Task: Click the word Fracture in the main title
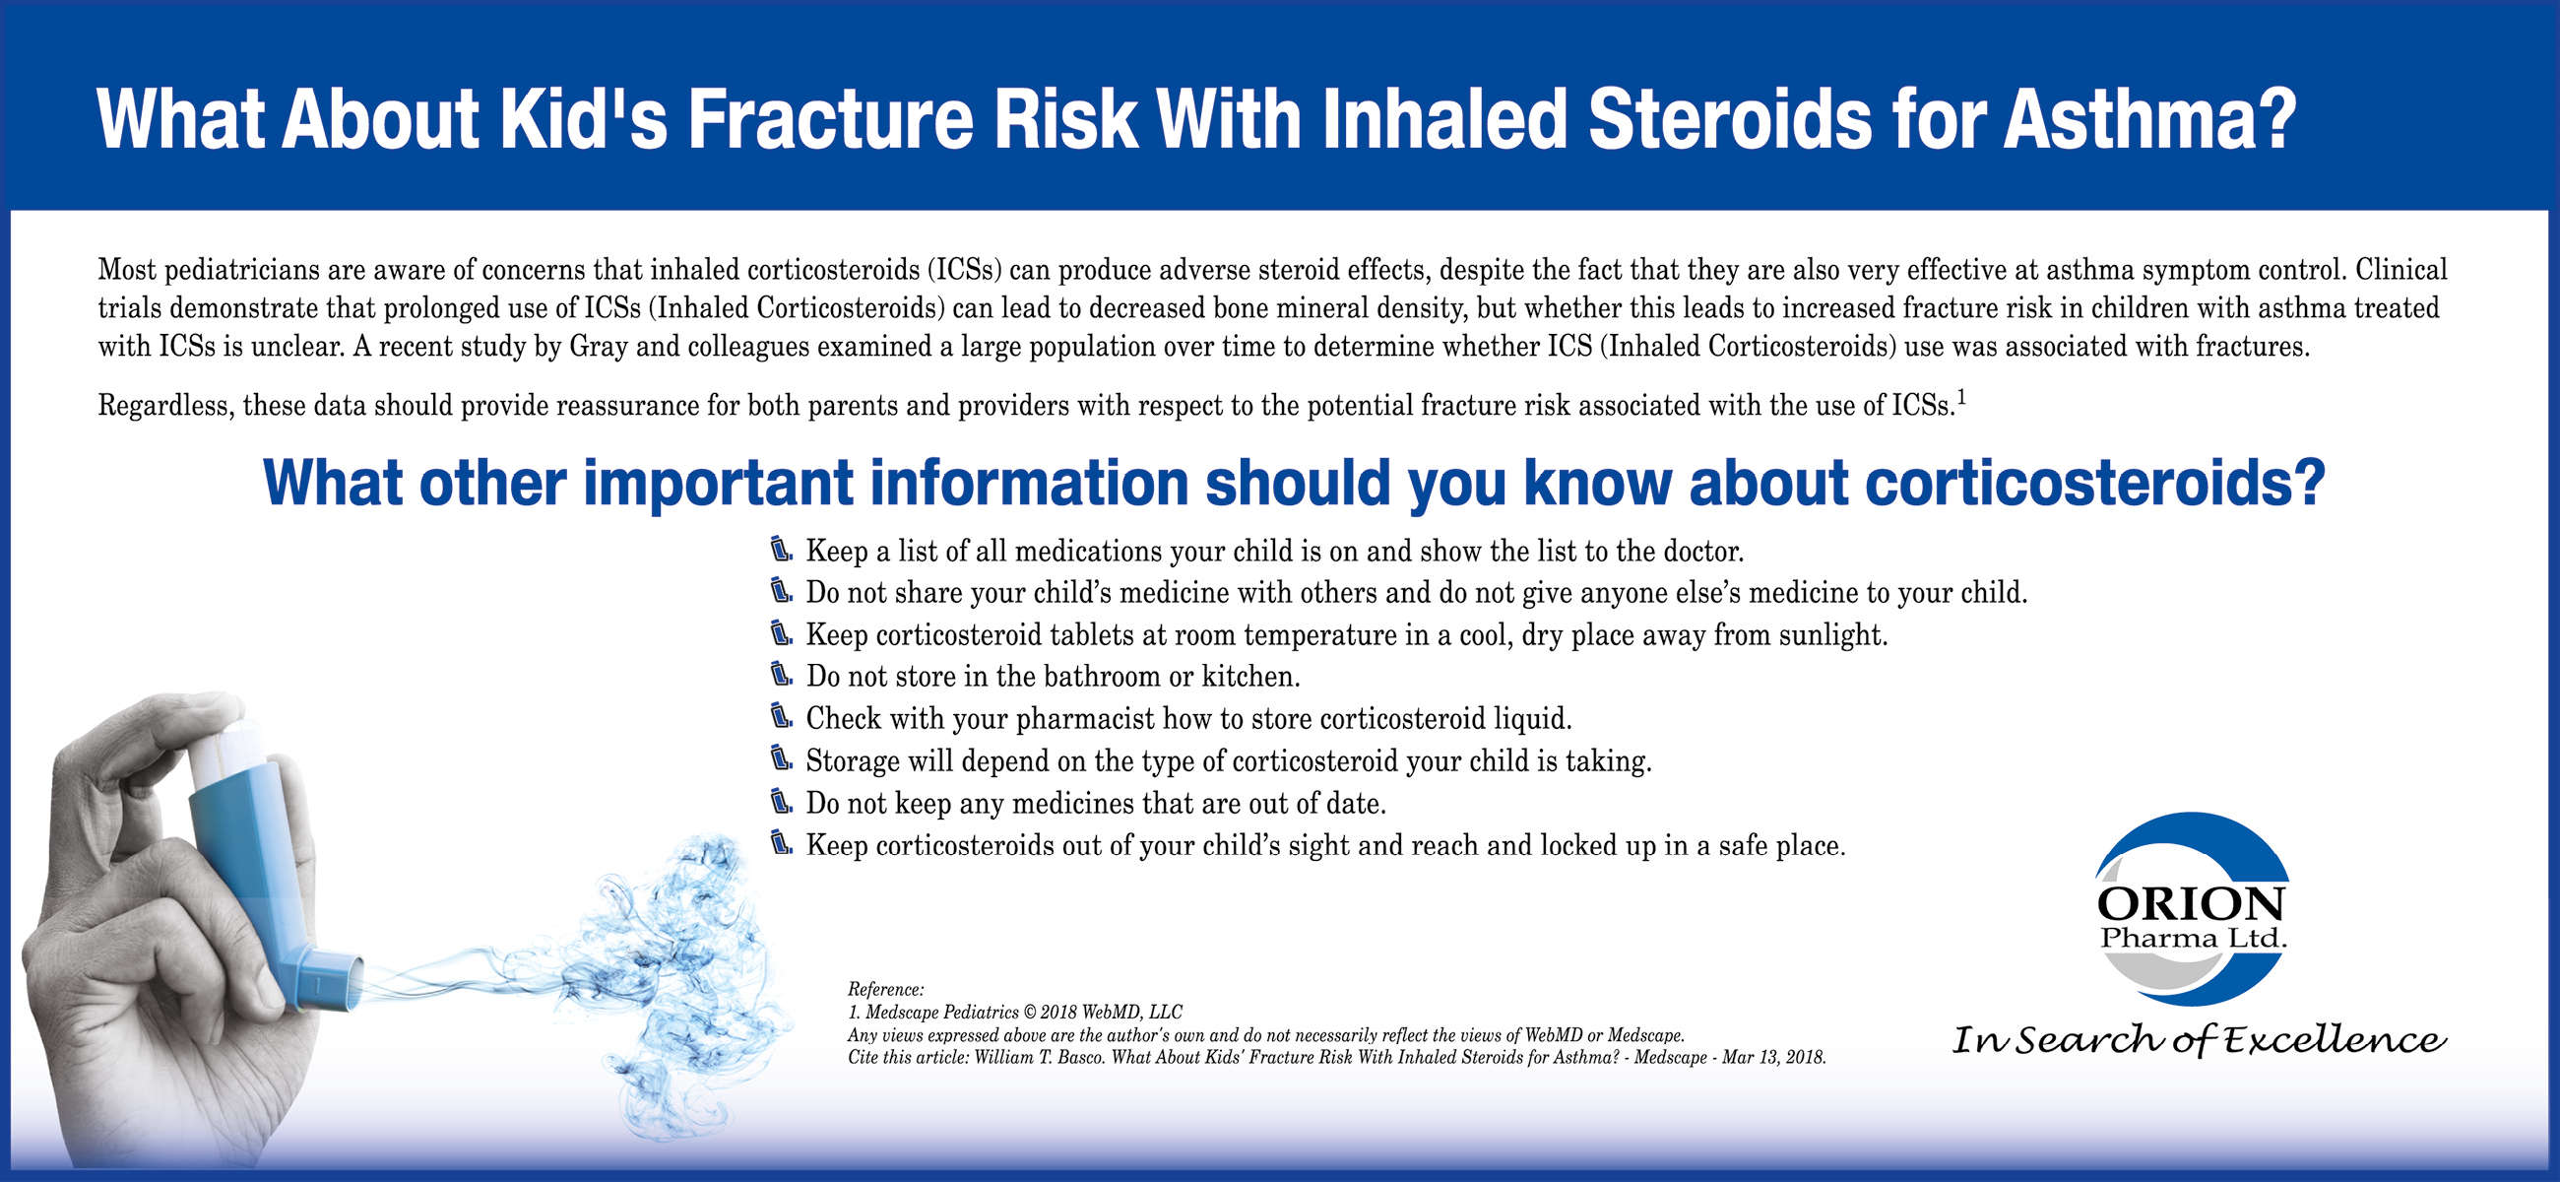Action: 831,119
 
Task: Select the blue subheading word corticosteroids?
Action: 2095,483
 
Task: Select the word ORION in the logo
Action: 2192,904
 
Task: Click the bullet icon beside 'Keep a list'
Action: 782,549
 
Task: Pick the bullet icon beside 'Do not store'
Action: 782,674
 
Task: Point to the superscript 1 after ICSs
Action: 1961,399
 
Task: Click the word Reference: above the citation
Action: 885,989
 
